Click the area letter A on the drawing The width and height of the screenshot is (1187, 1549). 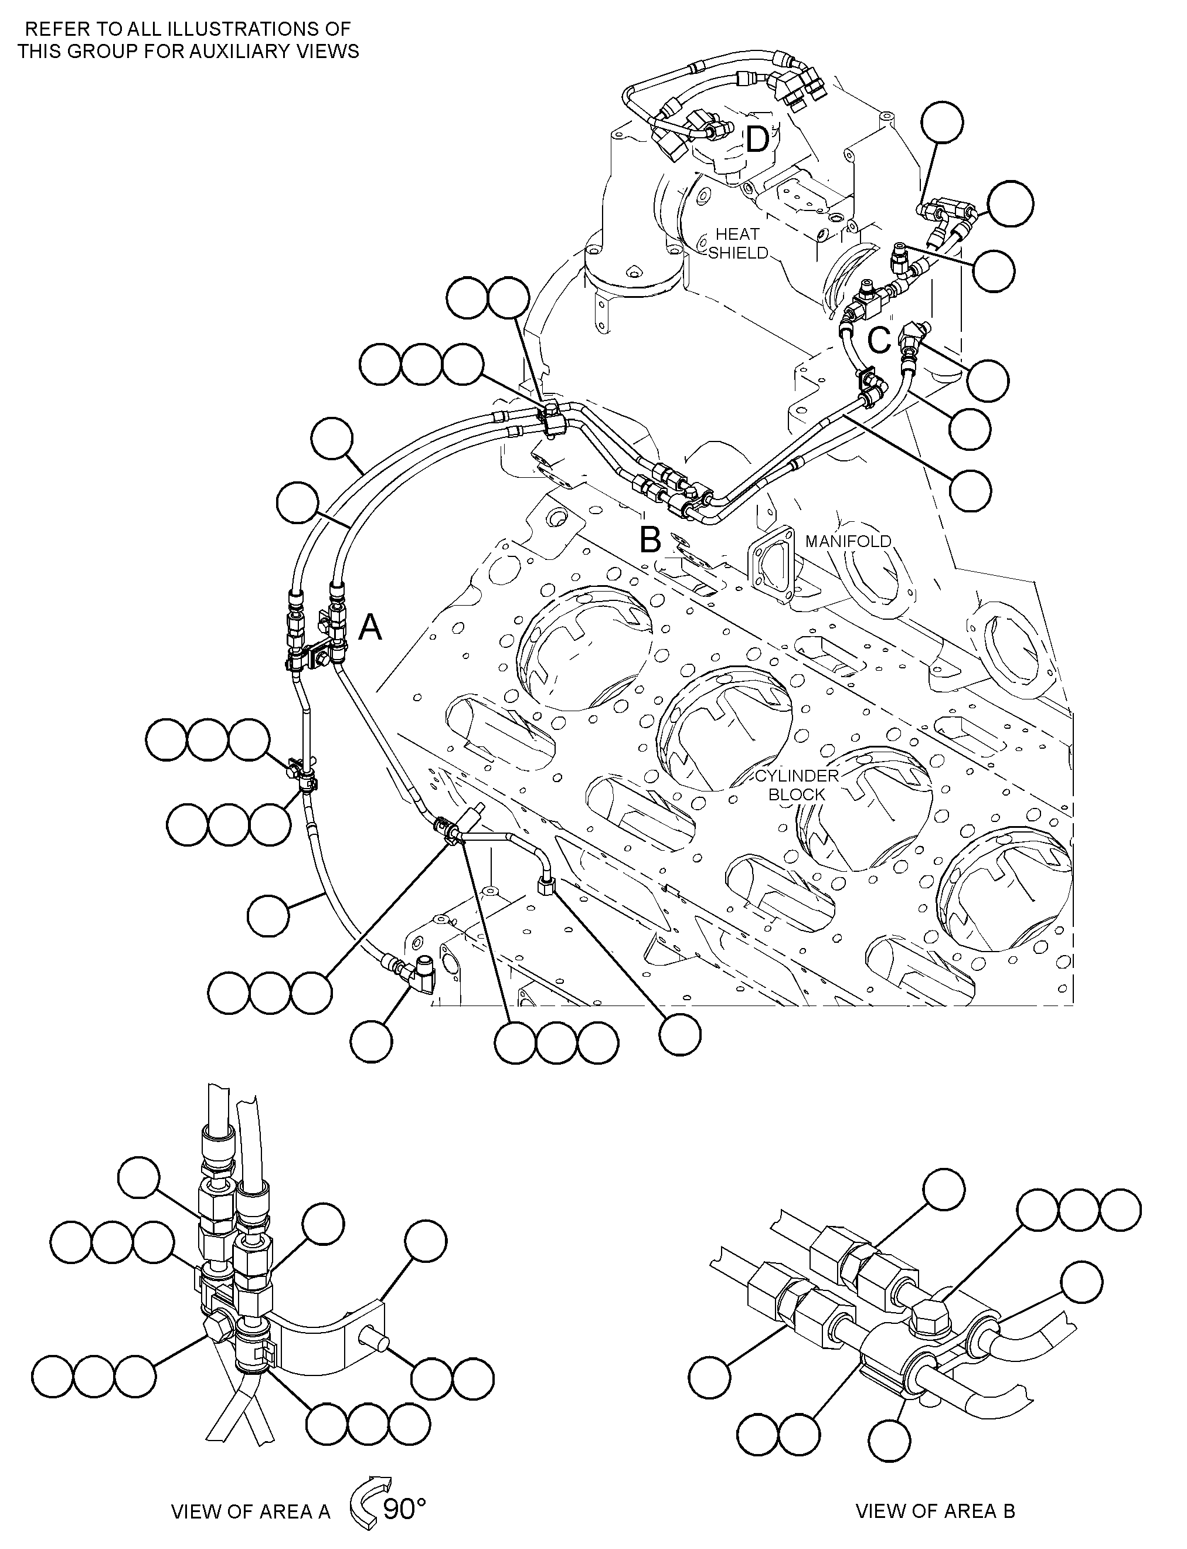tap(370, 627)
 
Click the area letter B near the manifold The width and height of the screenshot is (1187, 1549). tap(650, 541)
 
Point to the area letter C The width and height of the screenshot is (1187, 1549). tap(879, 341)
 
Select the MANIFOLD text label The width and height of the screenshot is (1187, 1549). tap(848, 541)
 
